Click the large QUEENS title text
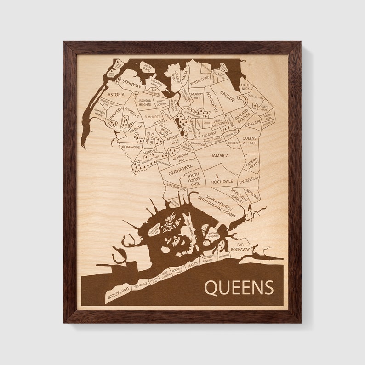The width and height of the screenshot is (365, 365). [x=238, y=288]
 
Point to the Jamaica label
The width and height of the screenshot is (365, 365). [x=219, y=155]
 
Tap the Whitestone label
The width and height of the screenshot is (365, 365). [x=200, y=79]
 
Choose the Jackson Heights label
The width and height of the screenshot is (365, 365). [x=145, y=103]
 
